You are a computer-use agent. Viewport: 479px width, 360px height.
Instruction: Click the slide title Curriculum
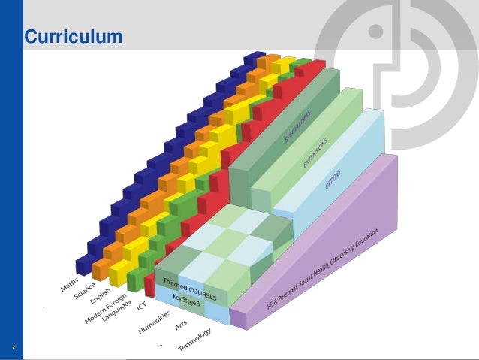(73, 36)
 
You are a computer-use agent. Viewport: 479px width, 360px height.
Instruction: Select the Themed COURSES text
(185, 289)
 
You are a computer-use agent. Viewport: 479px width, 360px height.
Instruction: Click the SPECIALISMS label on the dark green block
(297, 124)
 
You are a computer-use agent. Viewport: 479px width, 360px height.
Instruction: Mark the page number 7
(14, 347)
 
